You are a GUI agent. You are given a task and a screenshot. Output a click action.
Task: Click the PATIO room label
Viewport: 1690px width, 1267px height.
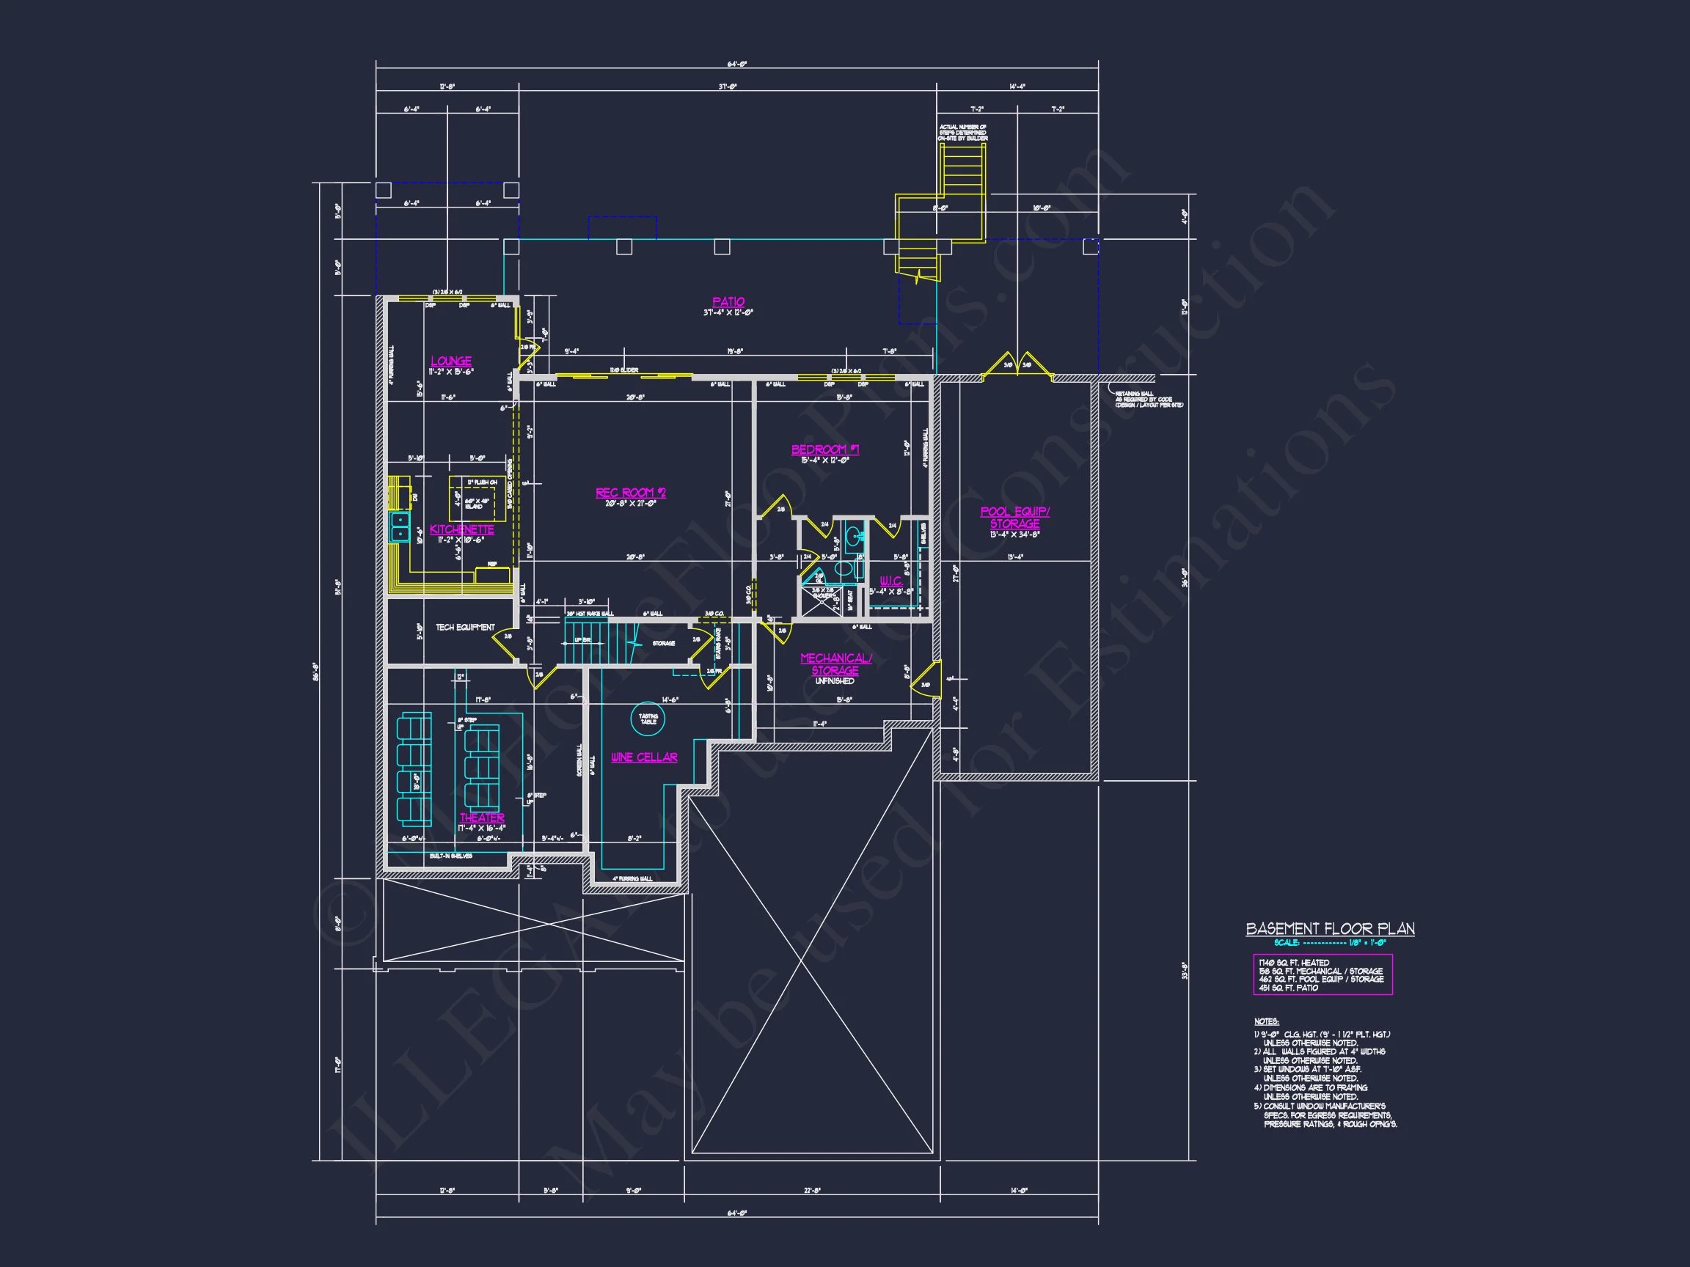click(728, 302)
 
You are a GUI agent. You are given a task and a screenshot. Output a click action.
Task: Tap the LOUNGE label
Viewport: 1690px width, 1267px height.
click(451, 361)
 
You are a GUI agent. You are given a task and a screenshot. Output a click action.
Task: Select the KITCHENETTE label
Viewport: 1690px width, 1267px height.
click(461, 529)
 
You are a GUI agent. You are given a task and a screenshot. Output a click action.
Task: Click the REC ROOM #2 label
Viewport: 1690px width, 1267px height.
click(630, 493)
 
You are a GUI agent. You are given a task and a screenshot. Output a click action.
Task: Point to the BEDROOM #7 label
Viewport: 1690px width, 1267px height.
click(825, 449)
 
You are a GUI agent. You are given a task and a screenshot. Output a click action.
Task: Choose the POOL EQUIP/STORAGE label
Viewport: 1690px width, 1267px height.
click(1014, 518)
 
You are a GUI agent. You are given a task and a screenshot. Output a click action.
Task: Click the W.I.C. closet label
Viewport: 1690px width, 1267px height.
click(890, 581)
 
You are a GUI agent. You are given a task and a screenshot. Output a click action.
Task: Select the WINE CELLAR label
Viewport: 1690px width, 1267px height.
click(644, 757)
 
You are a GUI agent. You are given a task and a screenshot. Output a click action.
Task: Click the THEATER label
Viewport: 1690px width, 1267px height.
click(482, 818)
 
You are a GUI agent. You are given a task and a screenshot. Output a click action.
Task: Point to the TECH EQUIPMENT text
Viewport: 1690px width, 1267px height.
click(465, 628)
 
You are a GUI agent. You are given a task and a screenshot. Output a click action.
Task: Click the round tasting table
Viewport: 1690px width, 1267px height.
click(648, 719)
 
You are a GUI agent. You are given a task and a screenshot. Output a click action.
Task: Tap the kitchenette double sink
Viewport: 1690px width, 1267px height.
click(400, 526)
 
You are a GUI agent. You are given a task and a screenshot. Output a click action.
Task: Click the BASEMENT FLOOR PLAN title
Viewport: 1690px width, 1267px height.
click(1330, 929)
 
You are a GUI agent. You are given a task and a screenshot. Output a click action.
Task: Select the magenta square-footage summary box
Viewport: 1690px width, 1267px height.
click(1323, 974)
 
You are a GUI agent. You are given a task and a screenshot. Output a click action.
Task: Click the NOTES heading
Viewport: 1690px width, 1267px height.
click(1266, 1022)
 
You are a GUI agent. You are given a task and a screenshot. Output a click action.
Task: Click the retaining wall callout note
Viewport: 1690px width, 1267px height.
click(1149, 400)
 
